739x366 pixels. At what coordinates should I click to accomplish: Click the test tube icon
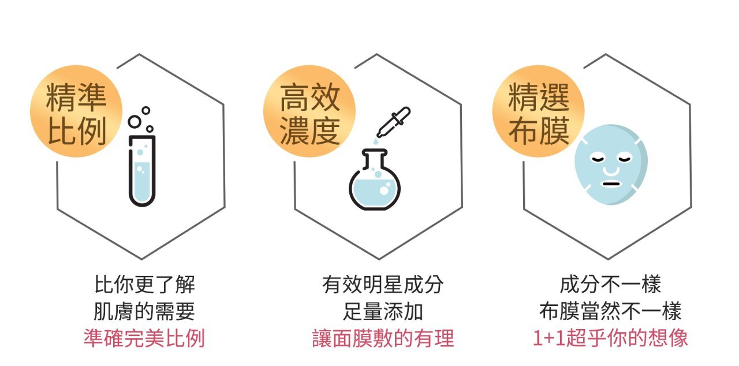click(142, 170)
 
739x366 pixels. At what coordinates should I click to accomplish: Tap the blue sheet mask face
click(612, 165)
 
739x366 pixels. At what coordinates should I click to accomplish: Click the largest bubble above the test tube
click(135, 122)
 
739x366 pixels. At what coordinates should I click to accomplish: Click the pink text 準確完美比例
click(144, 338)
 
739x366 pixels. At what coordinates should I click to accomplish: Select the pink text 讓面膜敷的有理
click(383, 338)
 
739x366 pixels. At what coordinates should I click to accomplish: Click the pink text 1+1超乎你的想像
click(611, 338)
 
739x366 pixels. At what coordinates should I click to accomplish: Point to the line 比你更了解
click(144, 285)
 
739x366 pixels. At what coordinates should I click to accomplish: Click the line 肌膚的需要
click(144, 311)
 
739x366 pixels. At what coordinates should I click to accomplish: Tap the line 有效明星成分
click(383, 285)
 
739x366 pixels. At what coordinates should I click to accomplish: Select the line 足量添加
click(383, 311)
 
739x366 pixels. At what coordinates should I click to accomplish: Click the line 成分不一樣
click(611, 285)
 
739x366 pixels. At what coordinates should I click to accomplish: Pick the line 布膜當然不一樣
click(611, 311)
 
